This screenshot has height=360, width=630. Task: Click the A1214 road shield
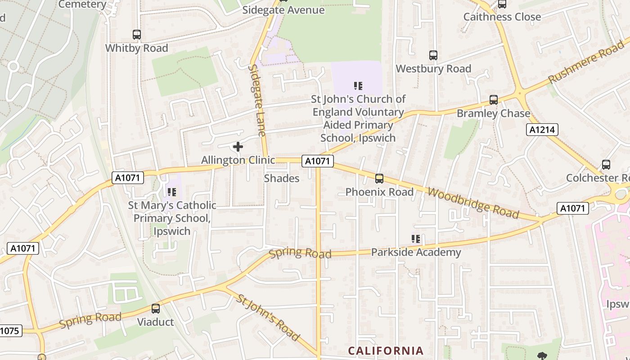click(542, 130)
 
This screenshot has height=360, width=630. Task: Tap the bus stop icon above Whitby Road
click(136, 35)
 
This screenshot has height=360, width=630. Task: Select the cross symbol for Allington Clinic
click(238, 147)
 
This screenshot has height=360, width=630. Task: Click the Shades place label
click(281, 179)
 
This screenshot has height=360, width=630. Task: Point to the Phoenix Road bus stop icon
click(379, 179)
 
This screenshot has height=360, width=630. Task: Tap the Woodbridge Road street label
click(473, 203)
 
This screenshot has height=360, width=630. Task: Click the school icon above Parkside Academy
click(415, 239)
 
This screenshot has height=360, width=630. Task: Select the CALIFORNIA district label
click(386, 351)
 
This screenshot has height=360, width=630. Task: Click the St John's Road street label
click(268, 317)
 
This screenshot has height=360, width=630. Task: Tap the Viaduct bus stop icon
click(156, 309)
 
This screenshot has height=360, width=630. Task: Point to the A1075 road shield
click(9, 331)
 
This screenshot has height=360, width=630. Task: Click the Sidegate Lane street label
click(257, 100)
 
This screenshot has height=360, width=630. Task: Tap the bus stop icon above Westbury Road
click(433, 55)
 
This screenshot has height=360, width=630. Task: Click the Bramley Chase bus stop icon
click(494, 100)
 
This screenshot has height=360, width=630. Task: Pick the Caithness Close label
click(502, 17)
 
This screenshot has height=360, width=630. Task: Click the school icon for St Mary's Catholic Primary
click(171, 193)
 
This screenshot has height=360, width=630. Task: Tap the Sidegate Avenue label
click(283, 10)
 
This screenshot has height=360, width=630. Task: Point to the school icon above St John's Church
click(358, 86)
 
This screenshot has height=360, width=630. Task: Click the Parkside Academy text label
click(416, 252)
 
